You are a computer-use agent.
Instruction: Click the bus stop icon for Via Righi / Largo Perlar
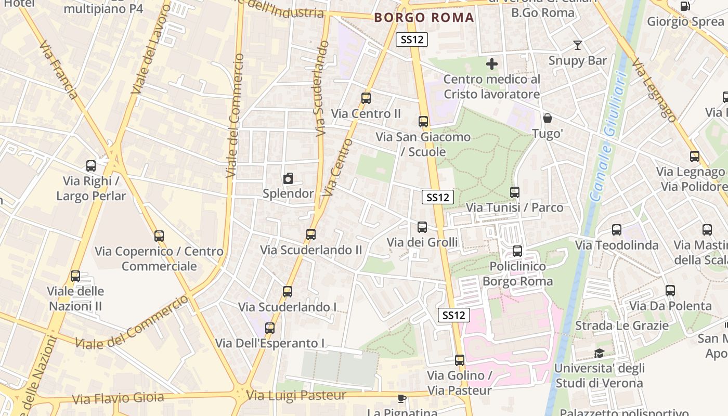pyautogui.click(x=91, y=166)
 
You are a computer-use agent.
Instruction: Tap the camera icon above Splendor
pyautogui.click(x=288, y=179)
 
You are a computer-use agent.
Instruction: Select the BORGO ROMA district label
pyautogui.click(x=424, y=18)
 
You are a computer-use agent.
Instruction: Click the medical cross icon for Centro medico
pyautogui.click(x=491, y=64)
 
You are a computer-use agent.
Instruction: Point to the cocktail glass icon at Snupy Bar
pyautogui.click(x=577, y=45)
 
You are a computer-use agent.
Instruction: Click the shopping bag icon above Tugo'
pyautogui.click(x=547, y=119)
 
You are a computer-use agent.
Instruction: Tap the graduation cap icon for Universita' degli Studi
pyautogui.click(x=599, y=353)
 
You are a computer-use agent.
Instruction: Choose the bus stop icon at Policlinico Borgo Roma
pyautogui.click(x=517, y=251)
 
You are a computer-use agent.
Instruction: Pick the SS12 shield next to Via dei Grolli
pyautogui.click(x=437, y=197)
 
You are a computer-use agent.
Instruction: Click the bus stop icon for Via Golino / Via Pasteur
pyautogui.click(x=459, y=360)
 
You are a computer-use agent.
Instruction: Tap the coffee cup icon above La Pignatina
pyautogui.click(x=401, y=398)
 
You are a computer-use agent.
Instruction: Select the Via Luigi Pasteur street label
pyautogui.click(x=296, y=396)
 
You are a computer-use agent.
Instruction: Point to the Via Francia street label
pyautogui.click(x=59, y=70)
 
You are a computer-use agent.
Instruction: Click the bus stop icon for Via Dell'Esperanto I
pyautogui.click(x=269, y=328)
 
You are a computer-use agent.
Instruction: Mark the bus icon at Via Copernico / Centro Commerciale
pyautogui.click(x=159, y=236)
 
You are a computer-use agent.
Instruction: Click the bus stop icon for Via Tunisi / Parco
pyautogui.click(x=514, y=192)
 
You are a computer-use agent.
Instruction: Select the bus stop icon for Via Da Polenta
pyautogui.click(x=670, y=291)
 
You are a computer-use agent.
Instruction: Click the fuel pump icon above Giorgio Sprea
pyautogui.click(x=685, y=6)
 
